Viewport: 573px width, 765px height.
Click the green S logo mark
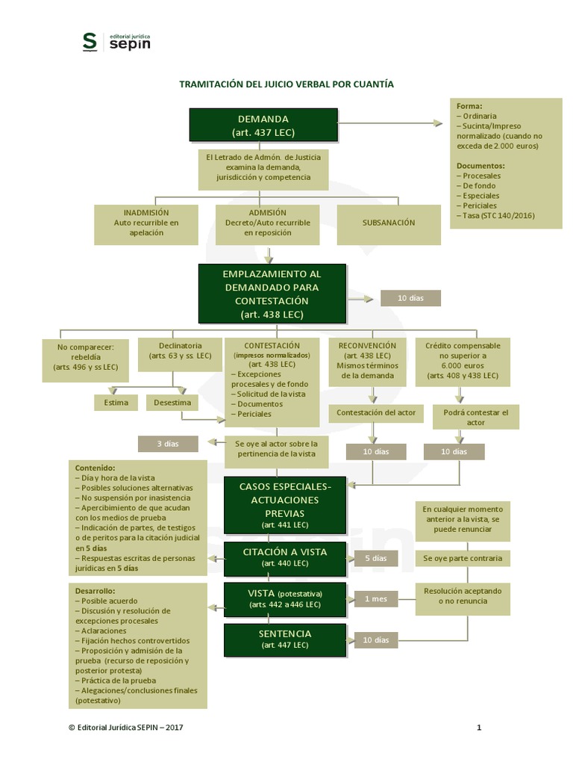click(90, 42)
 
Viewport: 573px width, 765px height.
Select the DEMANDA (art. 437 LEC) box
click(263, 126)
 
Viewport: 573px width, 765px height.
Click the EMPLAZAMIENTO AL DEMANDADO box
click(272, 294)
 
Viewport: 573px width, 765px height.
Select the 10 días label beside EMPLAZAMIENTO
click(411, 298)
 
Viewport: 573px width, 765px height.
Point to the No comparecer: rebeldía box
click(86, 360)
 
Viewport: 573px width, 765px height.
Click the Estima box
click(116, 403)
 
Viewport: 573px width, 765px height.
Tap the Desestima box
click(172, 403)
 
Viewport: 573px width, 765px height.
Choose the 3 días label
click(168, 444)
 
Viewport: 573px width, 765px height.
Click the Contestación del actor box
click(376, 413)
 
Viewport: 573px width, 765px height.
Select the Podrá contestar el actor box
click(476, 417)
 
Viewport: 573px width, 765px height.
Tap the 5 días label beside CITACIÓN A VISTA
click(376, 559)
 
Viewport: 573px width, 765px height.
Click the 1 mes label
click(376, 599)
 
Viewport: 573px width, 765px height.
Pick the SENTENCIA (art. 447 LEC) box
click(285, 639)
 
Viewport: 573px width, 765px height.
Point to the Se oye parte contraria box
click(463, 559)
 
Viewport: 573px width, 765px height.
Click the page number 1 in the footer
click(479, 728)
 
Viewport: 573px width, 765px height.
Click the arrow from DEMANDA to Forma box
click(390, 123)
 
